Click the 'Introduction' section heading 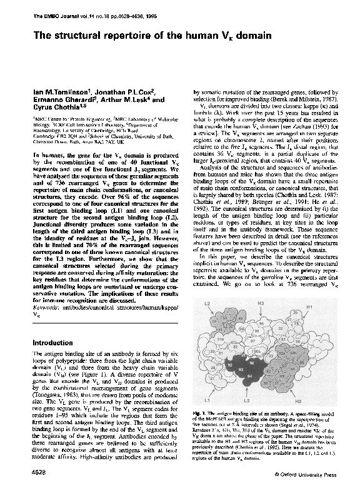coord(57,343)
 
